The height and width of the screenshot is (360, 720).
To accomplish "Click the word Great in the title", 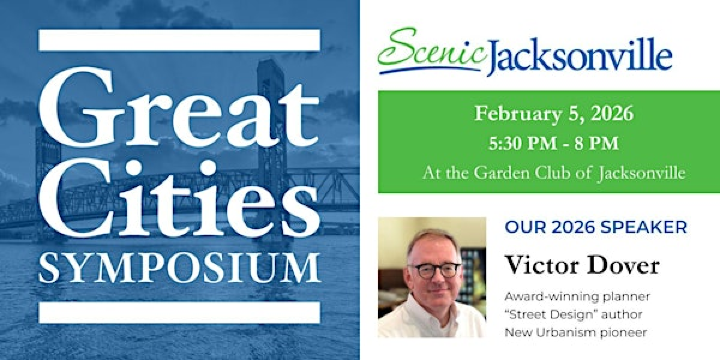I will click(180, 107).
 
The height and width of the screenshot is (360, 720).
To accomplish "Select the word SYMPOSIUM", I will click(180, 267).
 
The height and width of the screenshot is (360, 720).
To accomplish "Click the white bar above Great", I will click(180, 40).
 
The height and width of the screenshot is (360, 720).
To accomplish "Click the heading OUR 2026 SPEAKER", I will click(596, 228).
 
